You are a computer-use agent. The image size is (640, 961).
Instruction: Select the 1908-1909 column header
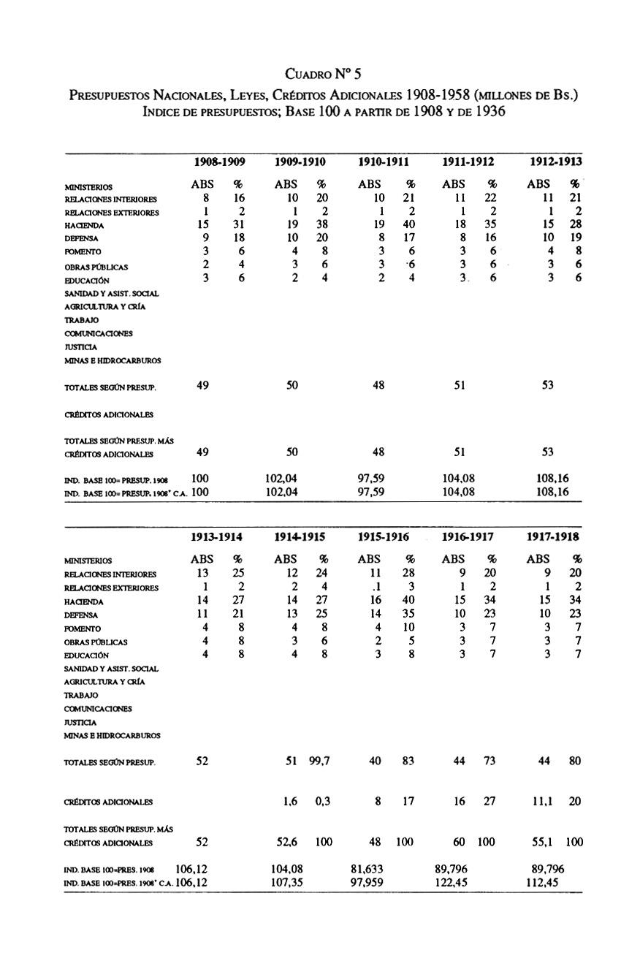(219, 162)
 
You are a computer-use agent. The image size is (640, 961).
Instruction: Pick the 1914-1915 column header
(300, 536)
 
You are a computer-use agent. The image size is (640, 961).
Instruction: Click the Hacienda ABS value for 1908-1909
(206, 225)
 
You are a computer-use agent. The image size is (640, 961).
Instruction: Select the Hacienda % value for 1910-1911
(410, 225)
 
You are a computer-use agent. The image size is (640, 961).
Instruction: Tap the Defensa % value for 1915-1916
(410, 615)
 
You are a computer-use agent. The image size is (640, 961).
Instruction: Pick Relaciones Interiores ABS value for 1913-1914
(203, 574)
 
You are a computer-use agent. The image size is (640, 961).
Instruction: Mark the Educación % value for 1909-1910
(322, 279)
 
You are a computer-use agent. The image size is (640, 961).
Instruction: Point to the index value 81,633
(370, 869)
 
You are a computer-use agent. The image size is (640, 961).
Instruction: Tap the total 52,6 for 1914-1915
(291, 842)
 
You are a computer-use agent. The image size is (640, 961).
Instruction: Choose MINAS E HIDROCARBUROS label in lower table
(113, 735)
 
